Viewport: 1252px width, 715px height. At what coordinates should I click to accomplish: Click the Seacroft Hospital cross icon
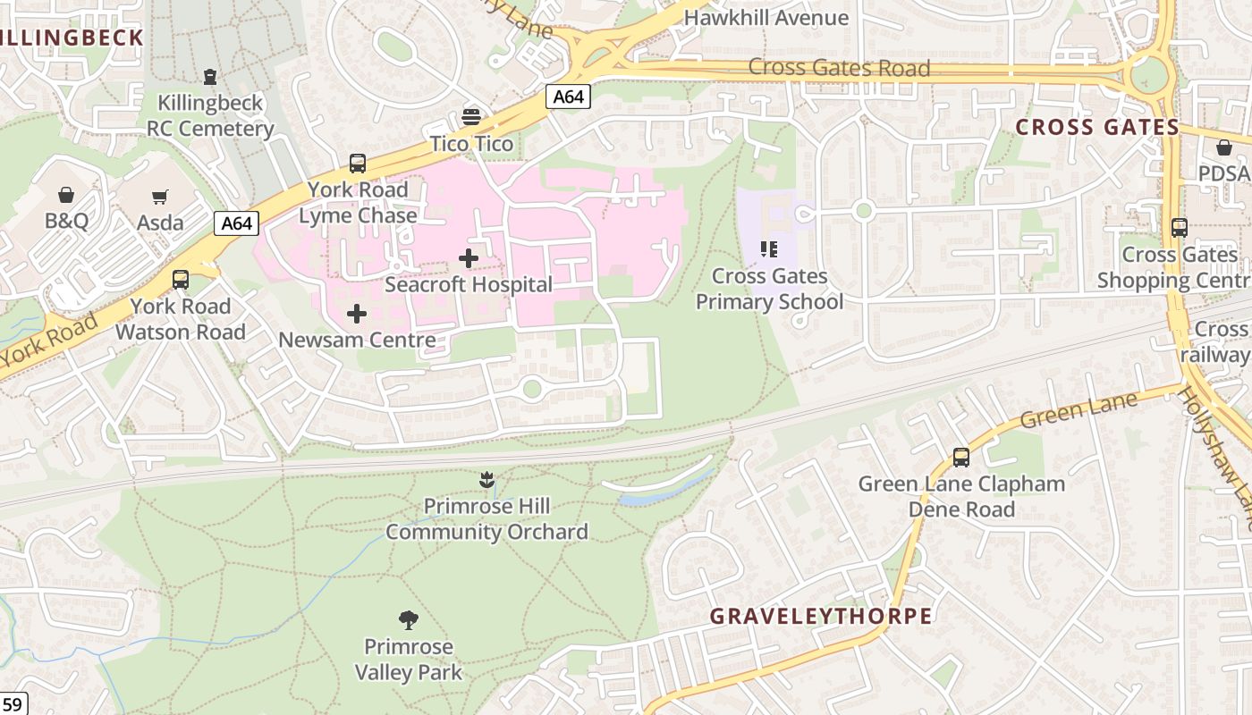(468, 259)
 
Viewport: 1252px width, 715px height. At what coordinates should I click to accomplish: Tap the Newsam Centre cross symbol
(357, 314)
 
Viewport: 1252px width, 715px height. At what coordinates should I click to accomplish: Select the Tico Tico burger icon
(471, 117)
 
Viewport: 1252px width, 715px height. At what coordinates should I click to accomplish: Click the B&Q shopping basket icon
(66, 195)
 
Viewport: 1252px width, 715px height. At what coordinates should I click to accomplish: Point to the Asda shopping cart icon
(160, 197)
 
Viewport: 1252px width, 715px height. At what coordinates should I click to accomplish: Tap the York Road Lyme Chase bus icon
(358, 164)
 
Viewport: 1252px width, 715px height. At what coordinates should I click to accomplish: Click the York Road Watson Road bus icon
(181, 280)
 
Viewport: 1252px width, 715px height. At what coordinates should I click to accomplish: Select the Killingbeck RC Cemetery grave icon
(210, 77)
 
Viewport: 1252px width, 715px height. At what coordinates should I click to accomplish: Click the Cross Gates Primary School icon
(769, 249)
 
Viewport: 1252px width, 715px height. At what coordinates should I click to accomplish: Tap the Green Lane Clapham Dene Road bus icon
(961, 458)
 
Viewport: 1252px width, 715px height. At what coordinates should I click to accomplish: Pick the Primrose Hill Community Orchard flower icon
(486, 480)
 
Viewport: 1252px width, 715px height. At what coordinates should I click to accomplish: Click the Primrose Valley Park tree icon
(409, 619)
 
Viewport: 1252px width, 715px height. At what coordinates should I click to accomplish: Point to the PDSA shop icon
(1223, 147)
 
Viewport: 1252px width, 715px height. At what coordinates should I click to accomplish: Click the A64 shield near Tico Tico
(568, 97)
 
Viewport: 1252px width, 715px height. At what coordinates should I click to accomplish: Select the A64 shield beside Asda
(237, 223)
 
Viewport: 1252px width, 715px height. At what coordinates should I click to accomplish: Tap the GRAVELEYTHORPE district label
(821, 617)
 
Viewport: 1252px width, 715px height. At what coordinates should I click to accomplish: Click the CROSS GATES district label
(1097, 127)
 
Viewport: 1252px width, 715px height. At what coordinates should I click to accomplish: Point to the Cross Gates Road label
(839, 68)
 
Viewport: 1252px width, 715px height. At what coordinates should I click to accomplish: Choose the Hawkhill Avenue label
(766, 18)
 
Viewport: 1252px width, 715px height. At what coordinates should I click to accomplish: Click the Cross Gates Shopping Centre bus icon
(1180, 228)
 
